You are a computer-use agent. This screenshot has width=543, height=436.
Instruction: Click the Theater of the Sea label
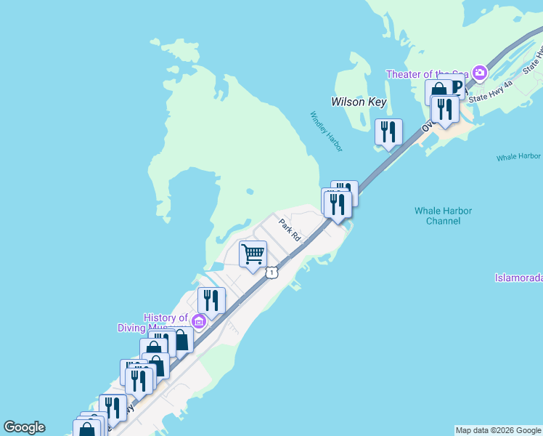click(x=427, y=74)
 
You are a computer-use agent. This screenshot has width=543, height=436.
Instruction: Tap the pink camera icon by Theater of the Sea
click(x=479, y=73)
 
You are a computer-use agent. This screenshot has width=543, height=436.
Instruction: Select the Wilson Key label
click(x=359, y=102)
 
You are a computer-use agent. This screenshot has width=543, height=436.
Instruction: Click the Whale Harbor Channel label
click(x=443, y=215)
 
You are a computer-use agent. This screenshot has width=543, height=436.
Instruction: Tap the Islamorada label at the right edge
click(x=518, y=278)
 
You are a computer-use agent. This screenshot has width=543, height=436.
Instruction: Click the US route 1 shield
click(x=271, y=272)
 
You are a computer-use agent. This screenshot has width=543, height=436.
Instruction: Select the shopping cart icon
click(x=253, y=254)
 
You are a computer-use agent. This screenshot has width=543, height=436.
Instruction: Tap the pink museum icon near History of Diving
click(x=199, y=320)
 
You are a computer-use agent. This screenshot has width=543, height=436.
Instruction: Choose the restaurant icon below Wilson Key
click(x=388, y=132)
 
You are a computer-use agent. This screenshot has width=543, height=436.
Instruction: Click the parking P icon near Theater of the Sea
click(x=457, y=87)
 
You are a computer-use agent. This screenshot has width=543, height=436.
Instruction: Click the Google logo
click(x=24, y=427)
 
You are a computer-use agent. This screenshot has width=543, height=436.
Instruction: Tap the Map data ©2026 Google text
click(x=498, y=430)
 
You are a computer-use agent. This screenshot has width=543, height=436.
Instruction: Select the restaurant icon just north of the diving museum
click(x=211, y=299)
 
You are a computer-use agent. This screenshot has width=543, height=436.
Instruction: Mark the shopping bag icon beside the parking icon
click(x=438, y=92)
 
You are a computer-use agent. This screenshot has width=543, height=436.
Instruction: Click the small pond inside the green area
click(x=249, y=192)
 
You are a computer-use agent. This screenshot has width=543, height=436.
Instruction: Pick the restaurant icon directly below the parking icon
click(x=444, y=109)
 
